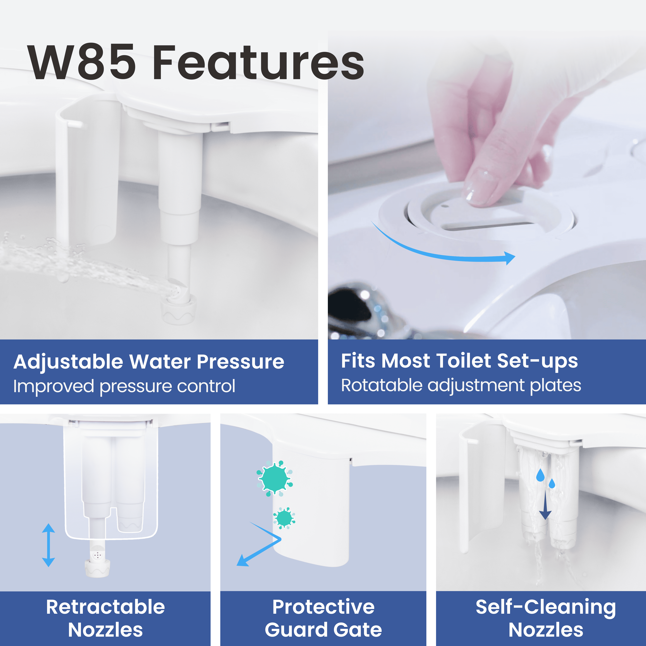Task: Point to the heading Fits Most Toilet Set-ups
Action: coord(459,361)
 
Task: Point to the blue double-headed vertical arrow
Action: coord(48,545)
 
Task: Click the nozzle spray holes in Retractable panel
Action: coord(97,555)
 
